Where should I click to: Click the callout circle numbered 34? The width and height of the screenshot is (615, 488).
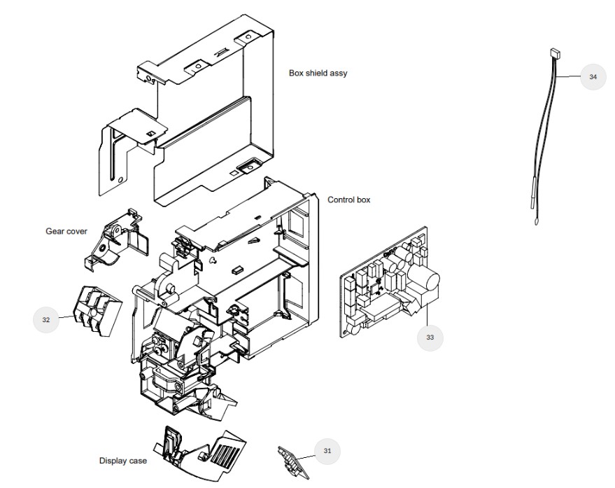click(593, 76)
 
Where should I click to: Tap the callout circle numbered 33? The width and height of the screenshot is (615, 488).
click(430, 337)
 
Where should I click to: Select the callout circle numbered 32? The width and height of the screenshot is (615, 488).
click(46, 319)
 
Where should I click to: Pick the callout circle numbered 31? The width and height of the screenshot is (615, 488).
click(327, 451)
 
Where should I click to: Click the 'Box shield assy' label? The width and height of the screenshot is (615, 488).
click(318, 73)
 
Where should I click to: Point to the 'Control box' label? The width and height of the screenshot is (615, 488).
click(348, 200)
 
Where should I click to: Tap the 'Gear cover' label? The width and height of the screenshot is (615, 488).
click(66, 231)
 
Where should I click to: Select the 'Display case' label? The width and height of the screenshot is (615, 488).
click(122, 461)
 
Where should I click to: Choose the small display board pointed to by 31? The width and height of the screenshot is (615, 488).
click(293, 462)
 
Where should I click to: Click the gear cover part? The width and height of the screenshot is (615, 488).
click(115, 239)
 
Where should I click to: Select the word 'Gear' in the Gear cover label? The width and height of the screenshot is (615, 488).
click(55, 231)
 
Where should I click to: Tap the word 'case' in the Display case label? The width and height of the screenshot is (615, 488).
click(138, 461)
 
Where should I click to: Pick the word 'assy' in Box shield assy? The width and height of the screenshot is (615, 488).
click(339, 74)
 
